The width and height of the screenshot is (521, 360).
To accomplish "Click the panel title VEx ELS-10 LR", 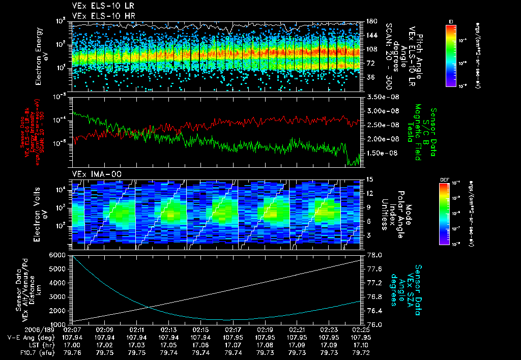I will click(x=99, y=7).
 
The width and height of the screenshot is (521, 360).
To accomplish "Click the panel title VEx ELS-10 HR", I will click(x=99, y=16).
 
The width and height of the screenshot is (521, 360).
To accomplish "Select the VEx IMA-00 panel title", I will click(x=95, y=174).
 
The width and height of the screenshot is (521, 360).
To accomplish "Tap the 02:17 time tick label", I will click(x=233, y=329).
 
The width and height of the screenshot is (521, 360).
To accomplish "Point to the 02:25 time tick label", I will click(x=361, y=329).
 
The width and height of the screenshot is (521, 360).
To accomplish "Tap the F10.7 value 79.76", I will click(x=72, y=351).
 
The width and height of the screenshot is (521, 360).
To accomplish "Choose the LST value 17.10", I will click(x=361, y=344).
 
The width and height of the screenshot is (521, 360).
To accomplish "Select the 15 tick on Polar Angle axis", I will click(x=370, y=179).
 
